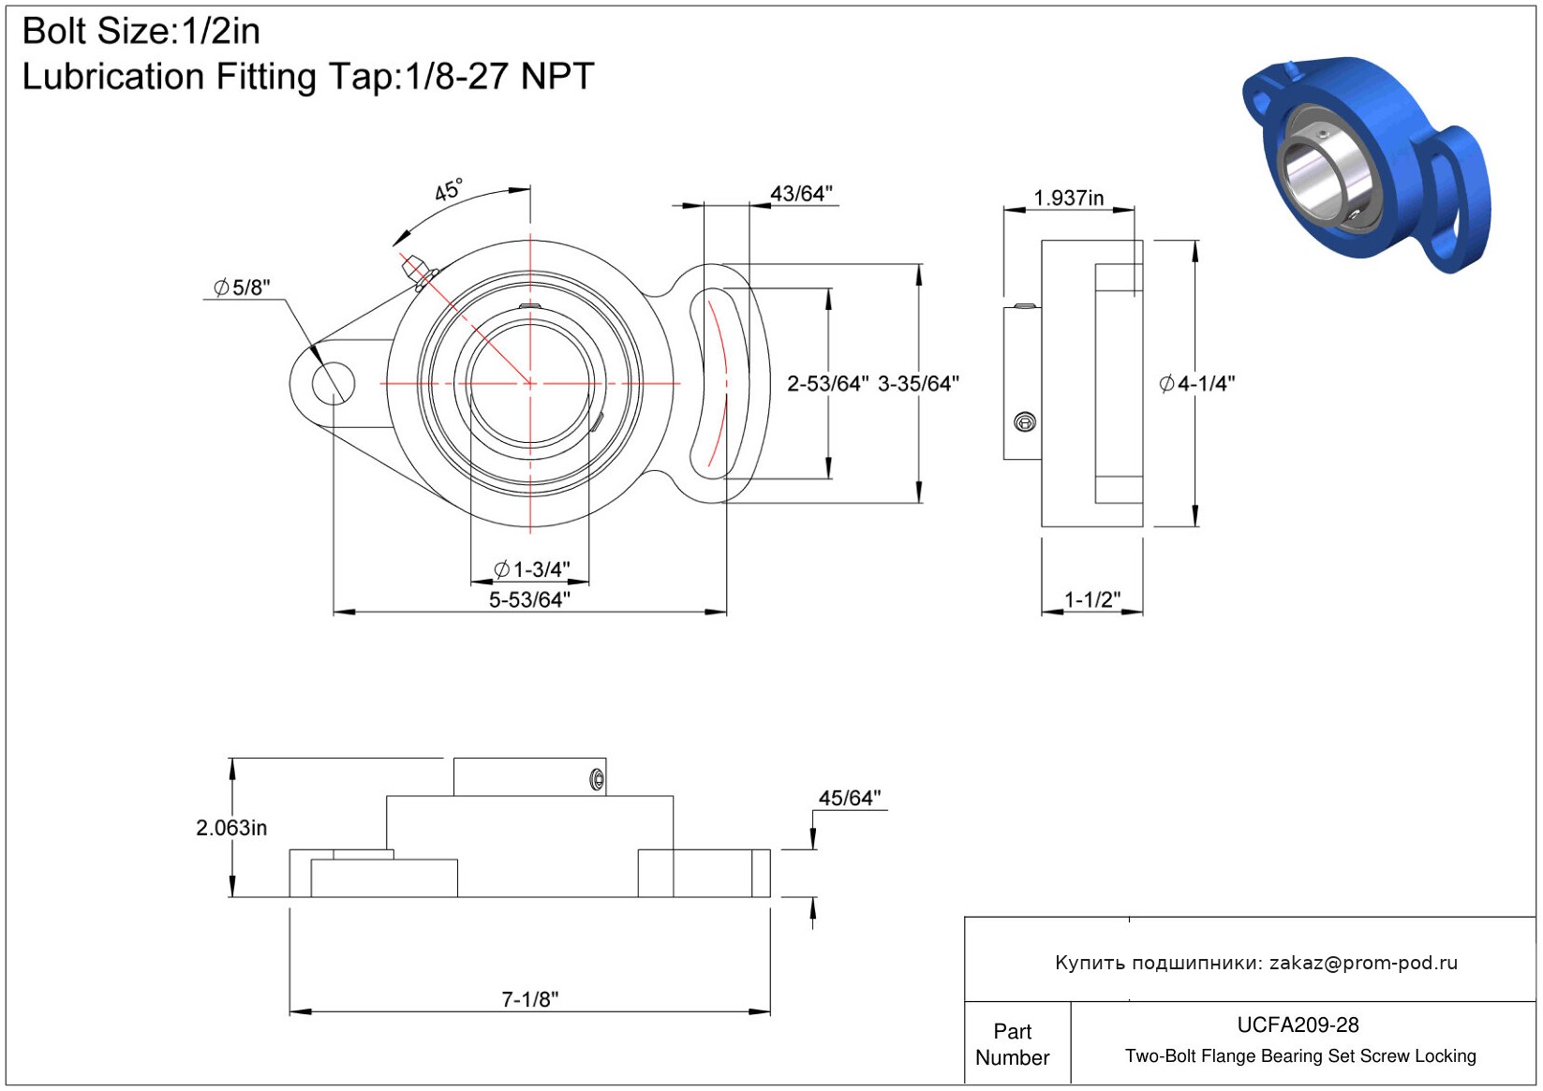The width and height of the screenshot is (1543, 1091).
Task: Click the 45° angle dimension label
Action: point(449,190)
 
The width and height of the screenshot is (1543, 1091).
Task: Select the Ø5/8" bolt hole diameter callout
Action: point(242,287)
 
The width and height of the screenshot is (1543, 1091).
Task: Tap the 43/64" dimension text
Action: point(801,194)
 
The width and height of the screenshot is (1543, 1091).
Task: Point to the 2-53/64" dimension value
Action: point(827,384)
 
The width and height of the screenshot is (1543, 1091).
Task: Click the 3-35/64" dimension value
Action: point(918,384)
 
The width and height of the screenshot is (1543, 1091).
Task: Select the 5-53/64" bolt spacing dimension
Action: point(529,599)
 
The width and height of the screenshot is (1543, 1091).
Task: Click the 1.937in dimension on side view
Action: point(1068,199)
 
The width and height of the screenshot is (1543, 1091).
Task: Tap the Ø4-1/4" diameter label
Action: point(1197,384)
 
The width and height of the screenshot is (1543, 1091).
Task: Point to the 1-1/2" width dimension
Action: point(1092,599)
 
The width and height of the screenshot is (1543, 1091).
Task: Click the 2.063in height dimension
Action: point(231,828)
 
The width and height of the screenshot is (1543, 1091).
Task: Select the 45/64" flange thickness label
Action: point(850,798)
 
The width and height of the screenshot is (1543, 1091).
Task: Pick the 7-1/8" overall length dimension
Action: point(529,999)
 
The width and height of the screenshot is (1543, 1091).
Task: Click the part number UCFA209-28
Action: point(1298,1025)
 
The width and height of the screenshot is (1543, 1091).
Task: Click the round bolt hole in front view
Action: point(333,383)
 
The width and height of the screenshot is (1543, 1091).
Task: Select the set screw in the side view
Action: point(1025,422)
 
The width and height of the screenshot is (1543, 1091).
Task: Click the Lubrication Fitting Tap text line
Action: point(308,77)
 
